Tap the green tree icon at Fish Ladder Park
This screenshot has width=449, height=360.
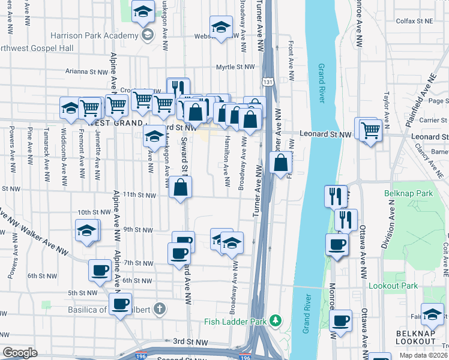(x=276, y=322)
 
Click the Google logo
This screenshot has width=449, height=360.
(x=20, y=352)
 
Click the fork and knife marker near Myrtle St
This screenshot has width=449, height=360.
(x=178, y=88)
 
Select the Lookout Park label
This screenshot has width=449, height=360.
(x=393, y=286)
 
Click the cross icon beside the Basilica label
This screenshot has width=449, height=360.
(x=158, y=310)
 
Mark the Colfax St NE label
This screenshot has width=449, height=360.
(x=415, y=21)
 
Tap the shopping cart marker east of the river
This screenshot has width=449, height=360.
(x=370, y=129)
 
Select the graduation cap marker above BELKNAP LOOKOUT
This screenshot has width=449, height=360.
(x=432, y=314)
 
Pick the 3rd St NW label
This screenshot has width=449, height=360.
(x=190, y=341)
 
